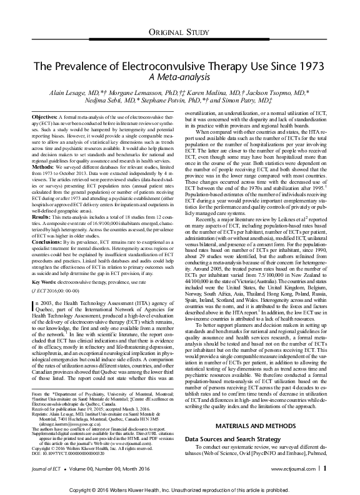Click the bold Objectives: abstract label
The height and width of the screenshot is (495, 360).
[x=44, y=117]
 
